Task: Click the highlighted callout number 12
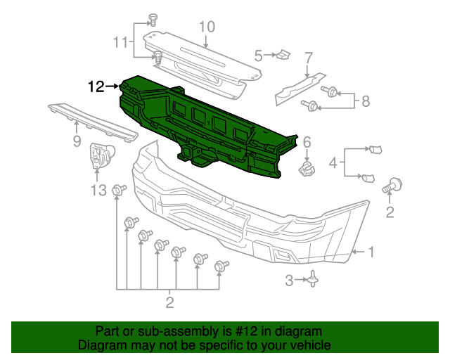[x=96, y=86]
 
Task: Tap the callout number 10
[x=205, y=27]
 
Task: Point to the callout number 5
[x=259, y=55]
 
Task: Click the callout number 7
[x=308, y=58]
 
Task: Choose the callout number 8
[x=365, y=101]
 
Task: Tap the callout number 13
[x=98, y=190]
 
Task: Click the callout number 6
[x=307, y=143]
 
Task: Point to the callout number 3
[x=289, y=281]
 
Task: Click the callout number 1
[x=372, y=252]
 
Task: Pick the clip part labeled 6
[x=307, y=167]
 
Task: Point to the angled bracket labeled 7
[x=301, y=86]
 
